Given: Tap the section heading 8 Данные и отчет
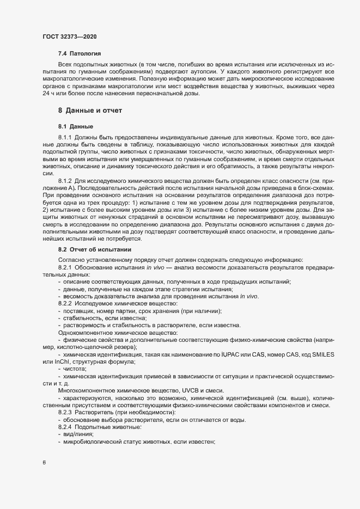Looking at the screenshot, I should point(90,111).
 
